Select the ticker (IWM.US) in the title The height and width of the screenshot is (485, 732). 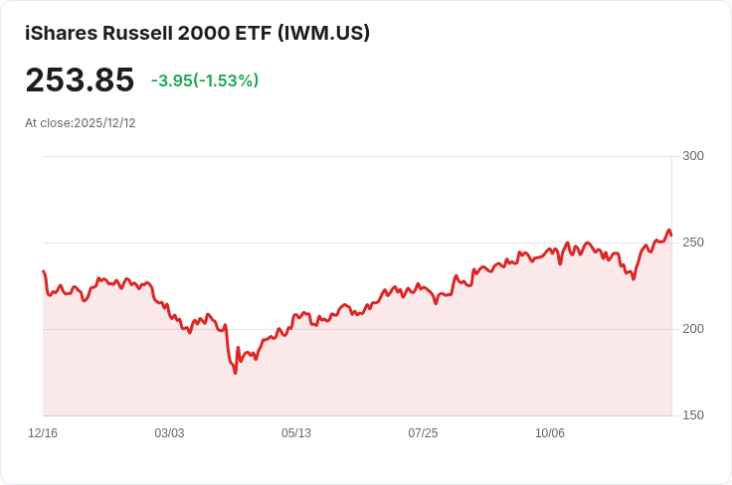pos(325,33)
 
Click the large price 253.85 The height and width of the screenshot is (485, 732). pos(80,80)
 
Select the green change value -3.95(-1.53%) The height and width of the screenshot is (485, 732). pos(205,81)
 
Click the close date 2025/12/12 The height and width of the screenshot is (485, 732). pos(104,123)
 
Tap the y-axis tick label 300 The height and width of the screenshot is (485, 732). pos(693,156)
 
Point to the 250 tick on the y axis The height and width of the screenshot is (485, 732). pos(693,242)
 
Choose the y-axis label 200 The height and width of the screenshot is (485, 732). pos(693,329)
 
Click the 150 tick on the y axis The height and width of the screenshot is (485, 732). pos(693,415)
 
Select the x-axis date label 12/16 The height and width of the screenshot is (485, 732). pos(43,433)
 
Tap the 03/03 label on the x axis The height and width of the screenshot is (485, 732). pos(169,433)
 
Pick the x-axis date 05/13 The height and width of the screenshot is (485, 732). pos(296,433)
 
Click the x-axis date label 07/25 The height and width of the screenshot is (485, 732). pos(423,433)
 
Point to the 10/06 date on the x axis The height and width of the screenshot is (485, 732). pos(550,433)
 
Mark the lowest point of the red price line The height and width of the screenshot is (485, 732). pos(236,373)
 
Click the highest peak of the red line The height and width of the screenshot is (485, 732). pos(668,231)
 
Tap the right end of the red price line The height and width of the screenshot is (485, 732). pos(671,236)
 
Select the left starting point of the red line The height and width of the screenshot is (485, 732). pos(43,271)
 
